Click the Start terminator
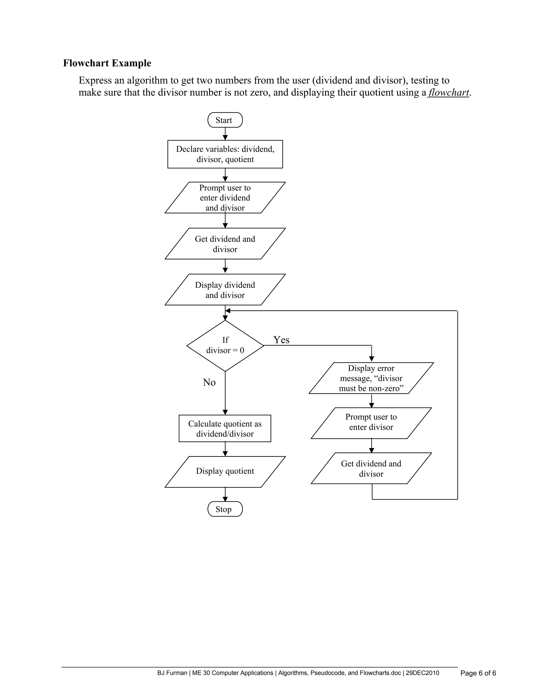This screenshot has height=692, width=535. pyautogui.click(x=225, y=120)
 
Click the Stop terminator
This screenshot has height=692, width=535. pyautogui.click(x=225, y=509)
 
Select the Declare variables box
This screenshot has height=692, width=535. pyautogui.click(x=225, y=154)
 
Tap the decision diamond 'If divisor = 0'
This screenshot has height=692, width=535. pyautogui.click(x=225, y=345)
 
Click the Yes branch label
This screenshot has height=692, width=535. pyautogui.click(x=281, y=340)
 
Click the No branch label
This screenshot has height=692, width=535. pyautogui.click(x=209, y=383)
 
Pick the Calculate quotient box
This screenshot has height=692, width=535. pyautogui.click(x=225, y=428)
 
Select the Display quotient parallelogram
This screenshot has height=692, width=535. pyautogui.click(x=225, y=471)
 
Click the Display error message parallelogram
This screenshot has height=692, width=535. pyautogui.click(x=371, y=378)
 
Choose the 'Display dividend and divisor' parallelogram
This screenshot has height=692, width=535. pyautogui.click(x=225, y=290)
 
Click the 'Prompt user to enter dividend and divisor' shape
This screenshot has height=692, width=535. pyautogui.click(x=225, y=198)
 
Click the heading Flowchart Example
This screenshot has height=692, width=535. pyautogui.click(x=107, y=63)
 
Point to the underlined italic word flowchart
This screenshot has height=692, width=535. pyautogui.click(x=449, y=92)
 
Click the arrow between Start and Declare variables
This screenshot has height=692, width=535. pyautogui.click(x=225, y=134)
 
